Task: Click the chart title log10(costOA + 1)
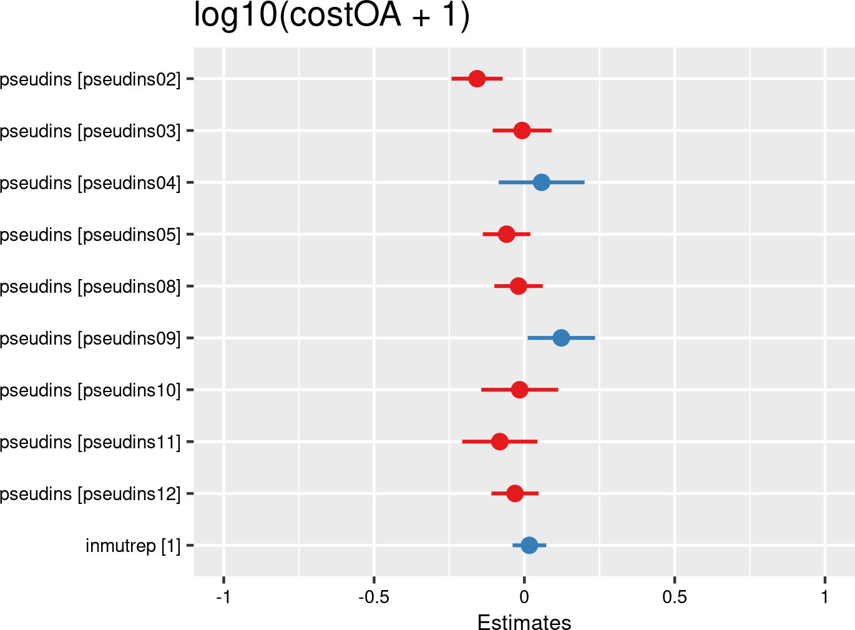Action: (331, 15)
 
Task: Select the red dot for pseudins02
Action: (477, 79)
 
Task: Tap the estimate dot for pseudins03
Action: (522, 130)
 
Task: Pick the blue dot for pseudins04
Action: (541, 182)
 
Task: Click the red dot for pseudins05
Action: (506, 234)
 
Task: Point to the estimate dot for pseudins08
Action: (518, 286)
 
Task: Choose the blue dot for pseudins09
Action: (561, 338)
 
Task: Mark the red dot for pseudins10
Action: (519, 390)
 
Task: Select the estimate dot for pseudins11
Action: (499, 441)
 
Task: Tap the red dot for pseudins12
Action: (514, 493)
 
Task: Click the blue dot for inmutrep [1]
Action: (529, 545)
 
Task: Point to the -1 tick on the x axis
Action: (223, 598)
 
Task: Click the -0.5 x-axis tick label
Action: (373, 598)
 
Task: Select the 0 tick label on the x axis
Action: (524, 598)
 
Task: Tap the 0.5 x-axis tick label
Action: (675, 598)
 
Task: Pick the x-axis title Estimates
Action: (524, 623)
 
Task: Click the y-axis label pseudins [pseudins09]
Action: (90, 338)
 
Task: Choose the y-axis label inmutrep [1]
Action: (133, 546)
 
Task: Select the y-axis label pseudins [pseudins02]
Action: (90, 79)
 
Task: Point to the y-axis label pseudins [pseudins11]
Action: (90, 442)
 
